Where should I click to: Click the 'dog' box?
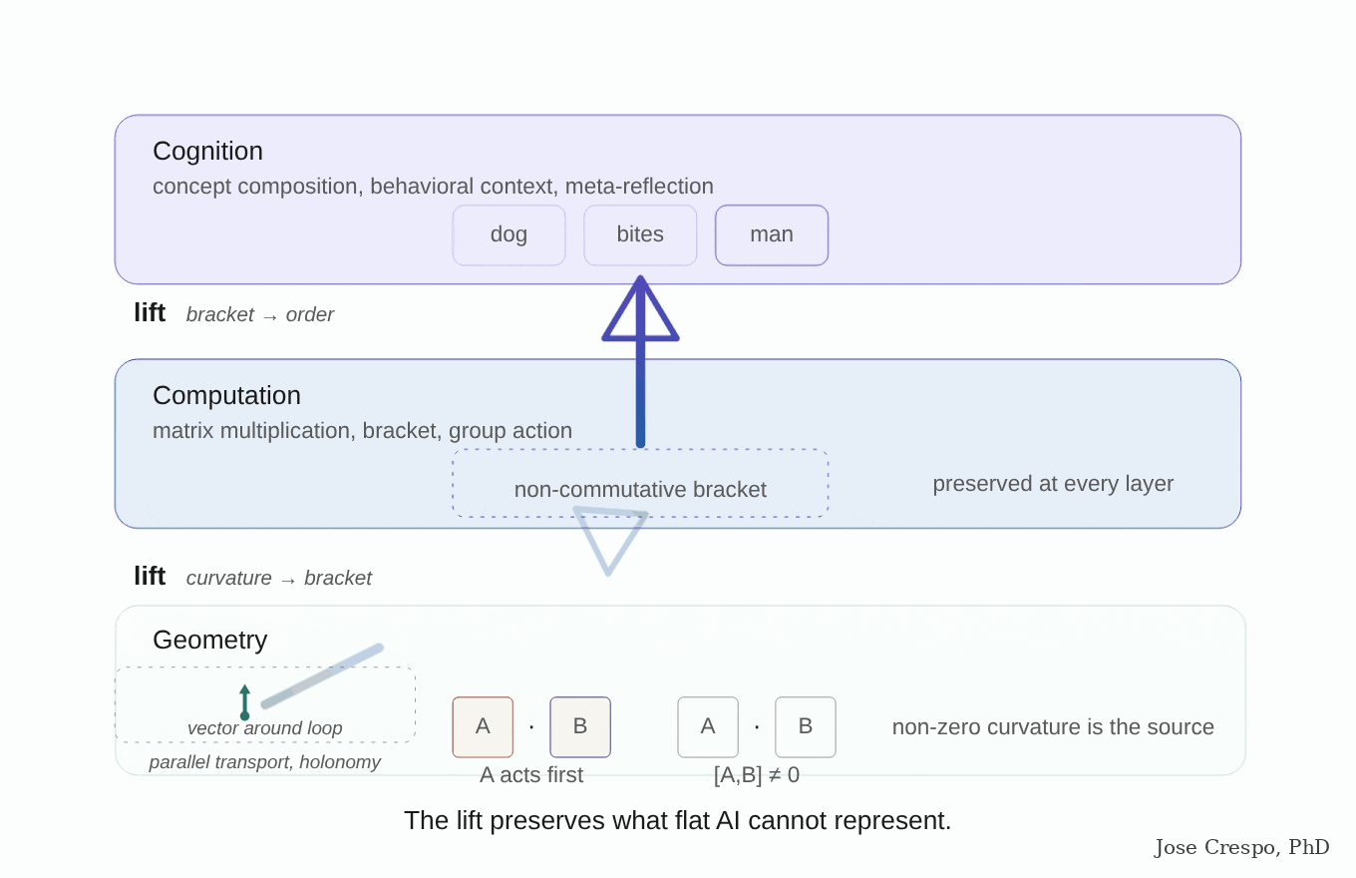coord(508,235)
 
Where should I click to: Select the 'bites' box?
coord(640,235)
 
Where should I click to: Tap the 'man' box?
coord(772,235)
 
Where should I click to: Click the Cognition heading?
coord(207,152)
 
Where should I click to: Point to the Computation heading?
coord(226,396)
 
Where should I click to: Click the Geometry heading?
coord(209,641)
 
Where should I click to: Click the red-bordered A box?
coord(483,727)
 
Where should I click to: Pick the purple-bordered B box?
coord(580,727)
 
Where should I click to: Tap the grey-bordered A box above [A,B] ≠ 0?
coord(708,727)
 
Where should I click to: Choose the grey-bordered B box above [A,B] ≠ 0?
coord(806,727)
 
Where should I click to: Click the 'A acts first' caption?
coord(531,775)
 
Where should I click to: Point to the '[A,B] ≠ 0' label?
coord(757,775)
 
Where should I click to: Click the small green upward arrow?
coord(244,702)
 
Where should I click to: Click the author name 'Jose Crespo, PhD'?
coord(1241,847)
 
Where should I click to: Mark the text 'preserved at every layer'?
coord(1053,484)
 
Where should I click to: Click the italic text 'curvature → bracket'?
coord(278,578)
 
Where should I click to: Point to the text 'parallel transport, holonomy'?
coord(264,762)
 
